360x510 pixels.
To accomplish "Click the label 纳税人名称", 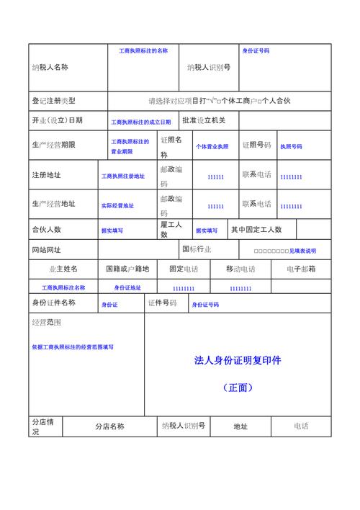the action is (50, 67).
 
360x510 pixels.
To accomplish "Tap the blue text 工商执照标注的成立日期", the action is (140, 122).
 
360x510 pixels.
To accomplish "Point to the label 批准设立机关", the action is (204, 120).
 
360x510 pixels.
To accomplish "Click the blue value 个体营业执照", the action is (212, 146).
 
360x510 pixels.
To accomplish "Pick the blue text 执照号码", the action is (291, 146).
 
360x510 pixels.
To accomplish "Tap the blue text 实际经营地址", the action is (117, 206).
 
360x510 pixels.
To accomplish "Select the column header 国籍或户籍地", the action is (127, 269).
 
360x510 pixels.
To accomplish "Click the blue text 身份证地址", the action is (126, 288).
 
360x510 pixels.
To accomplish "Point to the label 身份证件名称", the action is (53, 303).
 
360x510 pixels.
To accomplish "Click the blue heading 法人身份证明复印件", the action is (238, 359).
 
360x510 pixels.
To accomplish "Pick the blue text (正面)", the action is (238, 388).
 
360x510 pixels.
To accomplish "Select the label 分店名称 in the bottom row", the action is (110, 426).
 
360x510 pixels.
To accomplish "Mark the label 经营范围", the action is (46, 322).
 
